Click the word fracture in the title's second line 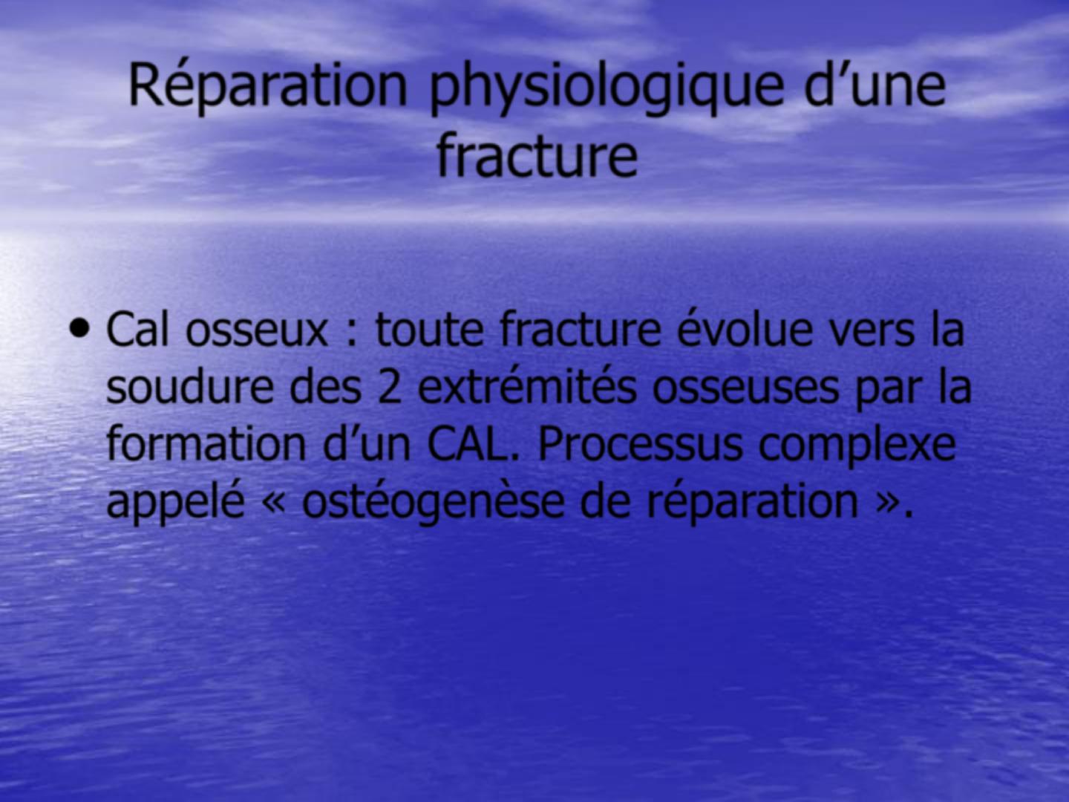pyautogui.click(x=537, y=154)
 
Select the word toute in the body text pyautogui.click(x=430, y=329)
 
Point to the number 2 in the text pyautogui.click(x=390, y=388)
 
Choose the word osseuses pyautogui.click(x=745, y=389)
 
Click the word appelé pyautogui.click(x=175, y=503)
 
